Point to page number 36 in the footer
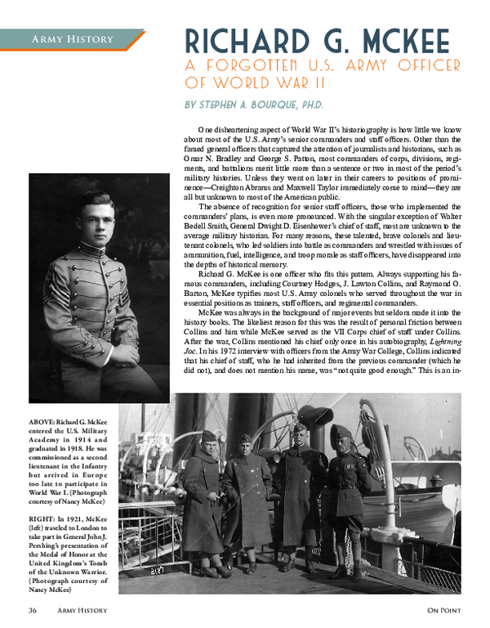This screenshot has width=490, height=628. coord(33,610)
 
